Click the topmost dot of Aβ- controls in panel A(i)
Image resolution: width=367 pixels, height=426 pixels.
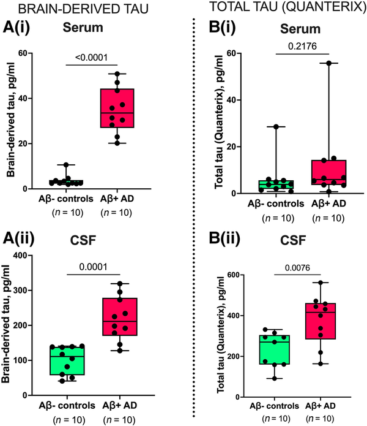coord(73,165)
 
